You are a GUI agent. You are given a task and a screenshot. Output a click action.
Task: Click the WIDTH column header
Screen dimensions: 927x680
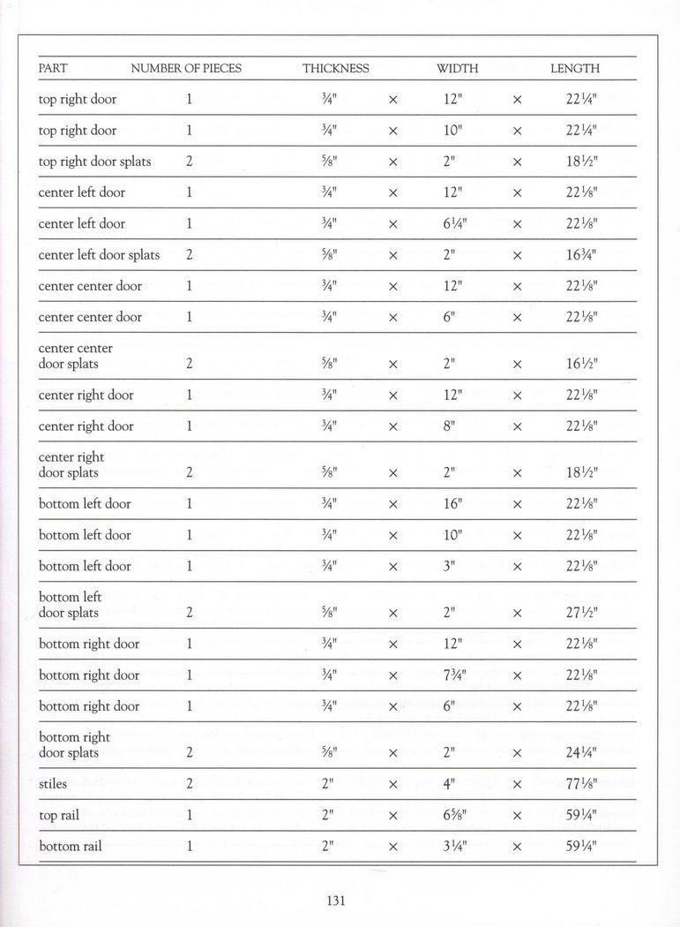coord(457,68)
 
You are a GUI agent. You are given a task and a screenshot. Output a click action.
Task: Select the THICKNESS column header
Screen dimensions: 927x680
coord(335,68)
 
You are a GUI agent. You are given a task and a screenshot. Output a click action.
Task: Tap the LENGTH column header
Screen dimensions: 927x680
coord(574,68)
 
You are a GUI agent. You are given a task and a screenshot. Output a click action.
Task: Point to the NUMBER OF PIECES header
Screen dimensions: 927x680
coord(186,68)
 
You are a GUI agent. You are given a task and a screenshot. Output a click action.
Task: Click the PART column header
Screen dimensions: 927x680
coord(53,68)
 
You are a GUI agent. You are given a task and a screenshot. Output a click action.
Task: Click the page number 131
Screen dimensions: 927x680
coord(335,901)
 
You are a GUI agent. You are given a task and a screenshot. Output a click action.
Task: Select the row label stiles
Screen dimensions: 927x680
coord(53,784)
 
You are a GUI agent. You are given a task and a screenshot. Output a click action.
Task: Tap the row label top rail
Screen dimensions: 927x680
coord(59,815)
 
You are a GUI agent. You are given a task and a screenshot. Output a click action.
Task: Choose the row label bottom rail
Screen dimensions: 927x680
coord(70,846)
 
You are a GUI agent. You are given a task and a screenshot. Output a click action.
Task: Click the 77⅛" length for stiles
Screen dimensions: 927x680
coord(581,784)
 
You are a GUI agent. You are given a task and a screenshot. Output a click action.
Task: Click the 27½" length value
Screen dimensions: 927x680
coord(581,613)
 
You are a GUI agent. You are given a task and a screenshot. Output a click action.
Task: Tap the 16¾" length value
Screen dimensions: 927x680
coord(581,255)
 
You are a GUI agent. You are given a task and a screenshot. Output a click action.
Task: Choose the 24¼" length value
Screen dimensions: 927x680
coord(581,753)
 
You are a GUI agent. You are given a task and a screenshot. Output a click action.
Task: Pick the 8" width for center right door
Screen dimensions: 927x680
coord(449,426)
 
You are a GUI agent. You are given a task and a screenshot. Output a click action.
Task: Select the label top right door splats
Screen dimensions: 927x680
coord(94,162)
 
